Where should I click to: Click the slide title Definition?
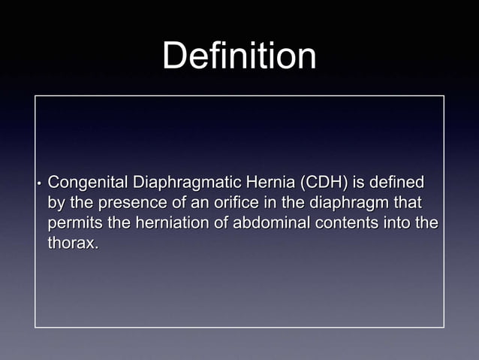tap(239, 56)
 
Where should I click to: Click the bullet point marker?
tap(38, 183)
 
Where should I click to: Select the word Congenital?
tap(88, 182)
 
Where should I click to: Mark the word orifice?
tap(238, 203)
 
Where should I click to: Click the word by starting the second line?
tap(56, 203)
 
